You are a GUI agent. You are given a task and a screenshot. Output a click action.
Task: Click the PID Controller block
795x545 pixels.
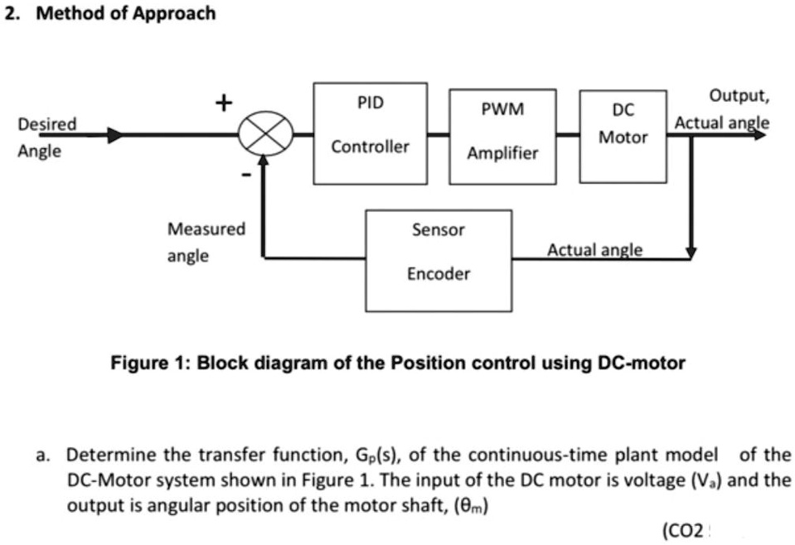click(x=370, y=133)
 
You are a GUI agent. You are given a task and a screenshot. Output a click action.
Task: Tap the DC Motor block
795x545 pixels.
click(x=623, y=136)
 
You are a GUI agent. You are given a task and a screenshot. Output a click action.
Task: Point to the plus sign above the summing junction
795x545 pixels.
click(x=222, y=102)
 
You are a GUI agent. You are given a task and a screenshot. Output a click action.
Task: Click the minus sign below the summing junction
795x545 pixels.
click(x=245, y=176)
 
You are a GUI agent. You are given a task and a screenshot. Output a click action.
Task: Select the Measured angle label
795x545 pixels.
click(x=206, y=242)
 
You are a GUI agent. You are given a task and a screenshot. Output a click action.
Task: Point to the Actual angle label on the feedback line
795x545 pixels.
click(x=594, y=250)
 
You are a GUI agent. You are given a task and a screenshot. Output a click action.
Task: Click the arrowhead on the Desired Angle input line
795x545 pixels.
click(x=114, y=134)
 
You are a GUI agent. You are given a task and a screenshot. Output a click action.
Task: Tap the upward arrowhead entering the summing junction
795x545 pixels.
click(x=264, y=163)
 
